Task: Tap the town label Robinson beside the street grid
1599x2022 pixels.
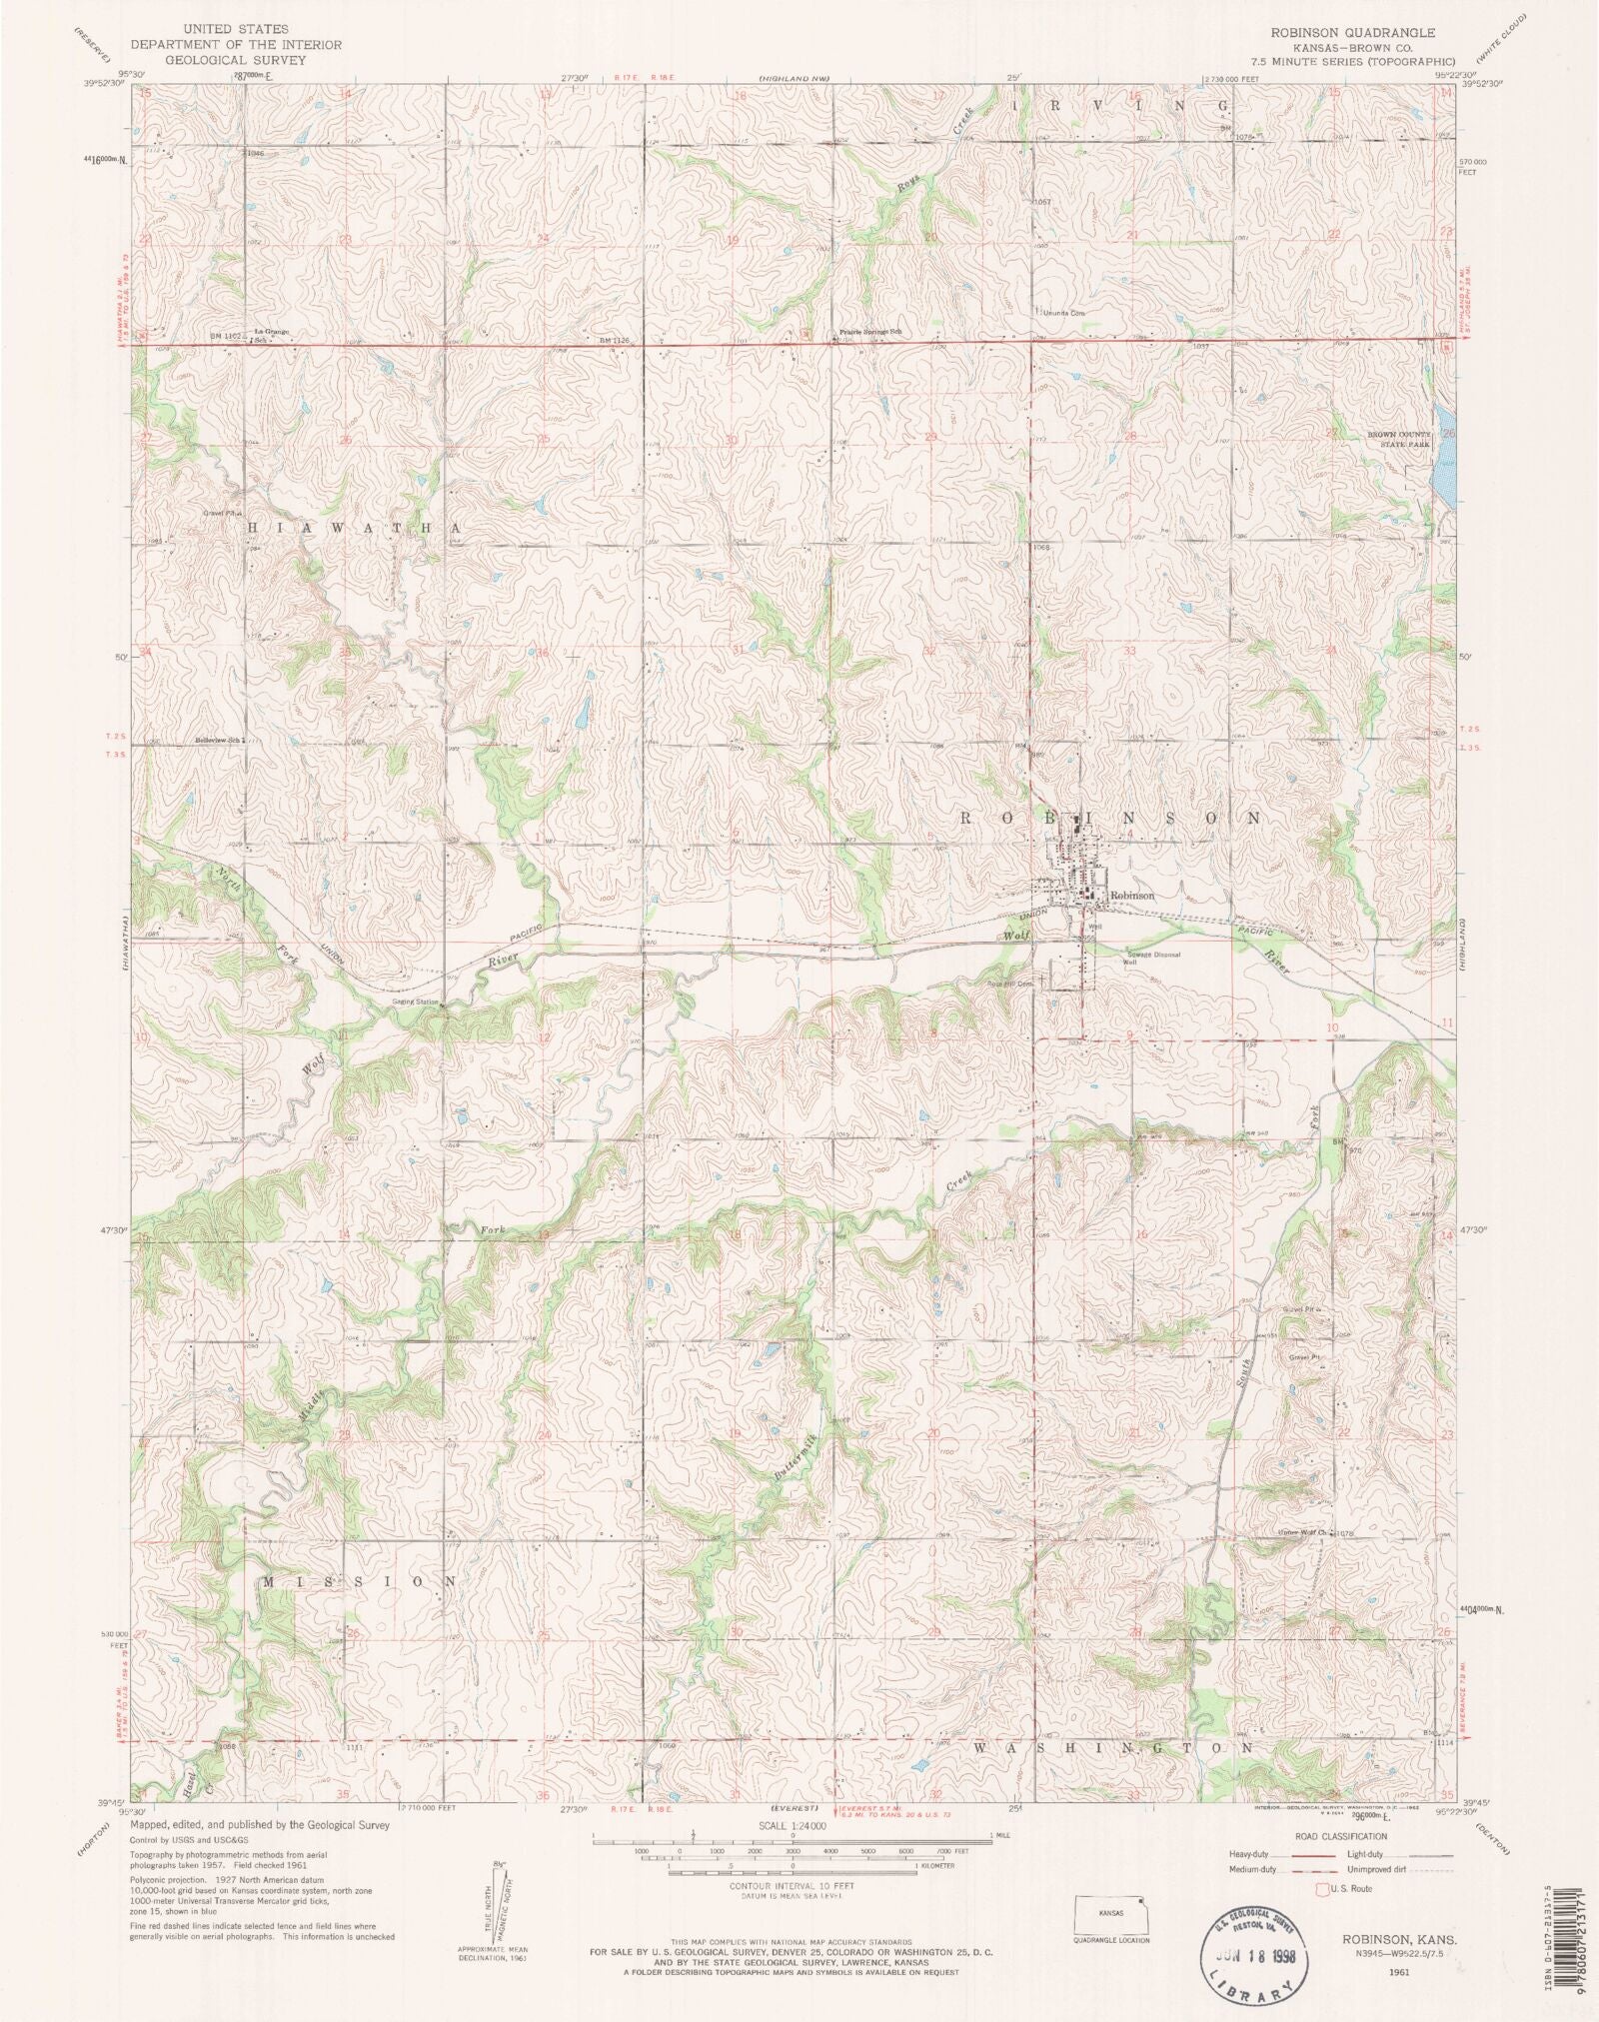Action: (x=1131, y=896)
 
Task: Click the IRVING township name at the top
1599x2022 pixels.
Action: (x=1119, y=104)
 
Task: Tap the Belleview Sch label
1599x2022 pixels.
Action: (x=220, y=741)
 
